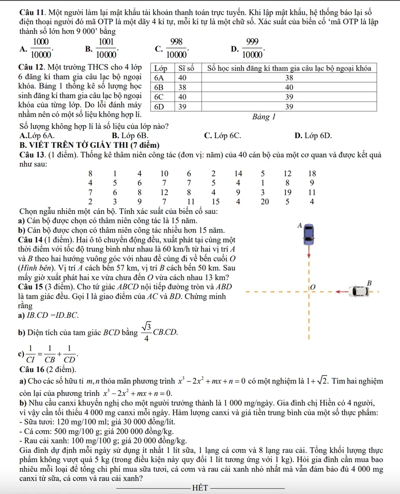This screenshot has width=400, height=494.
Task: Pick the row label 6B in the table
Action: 160,87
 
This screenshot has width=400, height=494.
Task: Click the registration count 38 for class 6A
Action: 289,78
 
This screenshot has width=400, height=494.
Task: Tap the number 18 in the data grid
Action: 312,173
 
